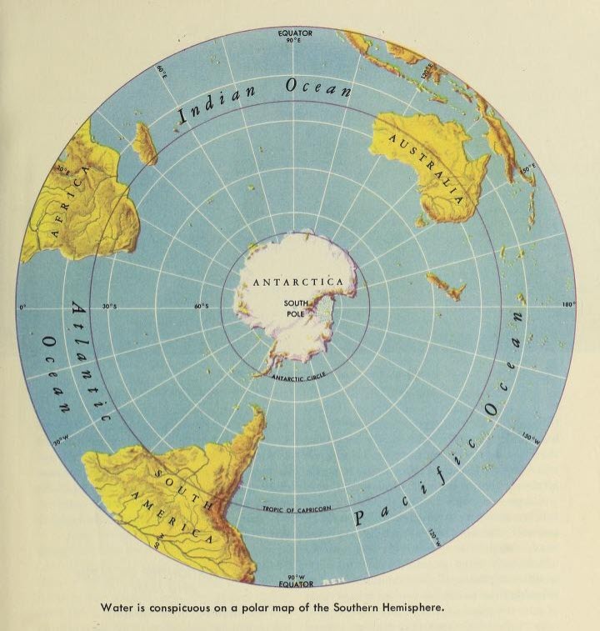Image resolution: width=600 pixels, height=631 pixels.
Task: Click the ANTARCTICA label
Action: pos(298,283)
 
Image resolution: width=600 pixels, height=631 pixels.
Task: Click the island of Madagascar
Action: pos(145,143)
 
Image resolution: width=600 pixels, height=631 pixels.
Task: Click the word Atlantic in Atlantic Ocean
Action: pos(90,366)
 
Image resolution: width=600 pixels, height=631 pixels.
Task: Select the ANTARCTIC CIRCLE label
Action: pos(297,377)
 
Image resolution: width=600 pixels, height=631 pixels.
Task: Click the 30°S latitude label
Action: pos(109,307)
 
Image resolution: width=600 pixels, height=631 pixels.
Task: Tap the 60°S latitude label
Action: pos(201,307)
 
